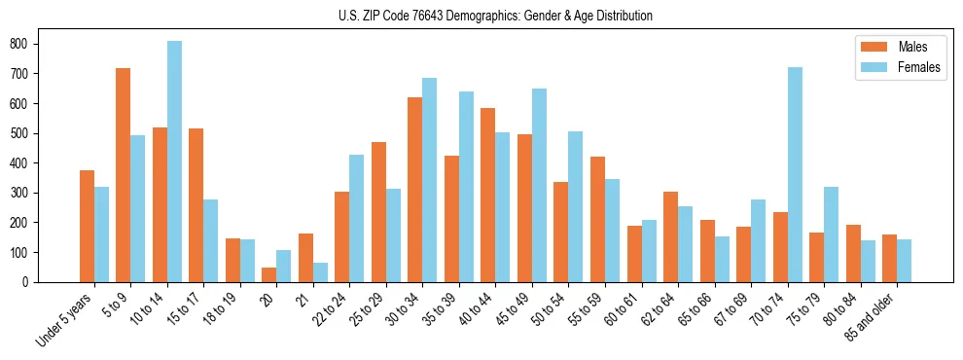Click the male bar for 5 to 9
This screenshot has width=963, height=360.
(124, 175)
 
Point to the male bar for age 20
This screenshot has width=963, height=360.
(269, 274)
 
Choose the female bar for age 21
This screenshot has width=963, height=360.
(320, 272)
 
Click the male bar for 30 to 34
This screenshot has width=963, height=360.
(415, 190)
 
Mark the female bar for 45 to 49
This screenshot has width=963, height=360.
(539, 186)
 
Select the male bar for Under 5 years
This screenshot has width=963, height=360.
(87, 226)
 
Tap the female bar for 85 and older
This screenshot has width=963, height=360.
(904, 261)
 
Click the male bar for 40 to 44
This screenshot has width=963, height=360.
(488, 196)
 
